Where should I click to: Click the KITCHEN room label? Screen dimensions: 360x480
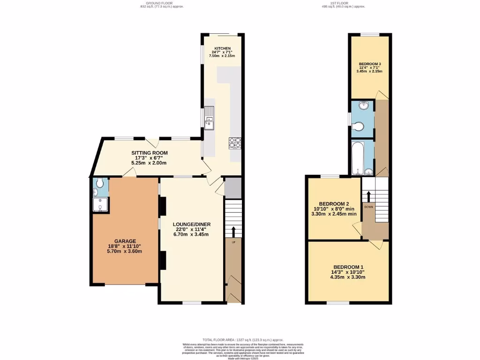pyautogui.click(x=223, y=48)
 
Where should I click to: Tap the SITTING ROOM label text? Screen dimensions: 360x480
pyautogui.click(x=149, y=153)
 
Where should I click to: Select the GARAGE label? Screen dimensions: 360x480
pyautogui.click(x=124, y=241)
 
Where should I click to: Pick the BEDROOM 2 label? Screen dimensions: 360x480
pyautogui.click(x=335, y=203)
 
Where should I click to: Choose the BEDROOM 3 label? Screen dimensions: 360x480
pyautogui.click(x=370, y=64)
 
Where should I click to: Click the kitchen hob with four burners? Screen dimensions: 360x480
pyautogui.click(x=235, y=142)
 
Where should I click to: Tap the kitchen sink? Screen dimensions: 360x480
pyautogui.click(x=209, y=123)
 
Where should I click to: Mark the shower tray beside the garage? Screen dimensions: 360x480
pyautogui.click(x=100, y=205)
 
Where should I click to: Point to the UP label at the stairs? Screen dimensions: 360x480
pyautogui.click(x=233, y=242)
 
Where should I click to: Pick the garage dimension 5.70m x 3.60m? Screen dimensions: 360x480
pyautogui.click(x=124, y=251)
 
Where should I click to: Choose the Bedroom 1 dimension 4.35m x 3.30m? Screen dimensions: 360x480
pyautogui.click(x=348, y=277)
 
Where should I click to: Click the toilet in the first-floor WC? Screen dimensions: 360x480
pyautogui.click(x=360, y=127)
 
